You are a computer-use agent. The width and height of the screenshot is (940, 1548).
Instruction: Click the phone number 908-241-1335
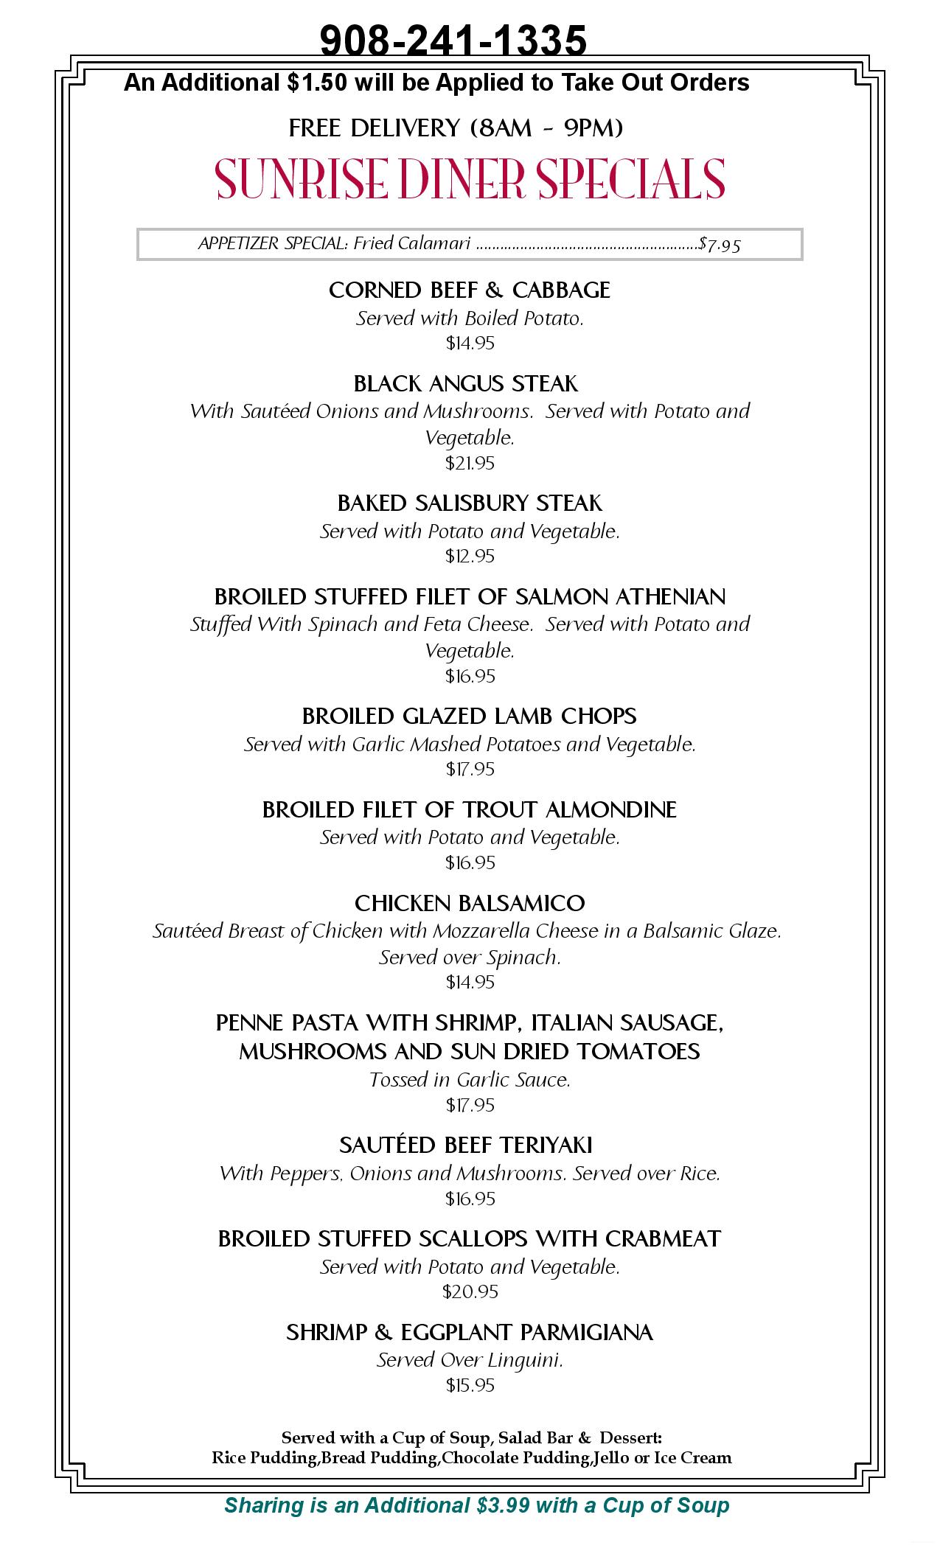(x=453, y=40)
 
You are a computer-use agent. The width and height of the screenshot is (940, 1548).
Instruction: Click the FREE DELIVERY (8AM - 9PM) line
(x=456, y=128)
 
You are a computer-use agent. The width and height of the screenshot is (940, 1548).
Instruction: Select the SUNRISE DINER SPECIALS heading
(x=470, y=179)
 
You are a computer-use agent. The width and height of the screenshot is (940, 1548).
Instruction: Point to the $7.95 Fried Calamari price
(x=720, y=244)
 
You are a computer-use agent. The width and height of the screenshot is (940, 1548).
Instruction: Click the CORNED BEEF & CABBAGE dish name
(x=470, y=290)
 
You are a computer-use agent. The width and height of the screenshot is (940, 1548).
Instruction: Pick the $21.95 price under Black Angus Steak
(x=470, y=463)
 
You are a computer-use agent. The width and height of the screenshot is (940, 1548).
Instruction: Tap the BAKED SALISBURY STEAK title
(x=470, y=503)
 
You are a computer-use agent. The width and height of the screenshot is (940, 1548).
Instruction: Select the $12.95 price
(x=470, y=556)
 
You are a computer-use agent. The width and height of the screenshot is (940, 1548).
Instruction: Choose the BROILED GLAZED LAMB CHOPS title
(x=470, y=717)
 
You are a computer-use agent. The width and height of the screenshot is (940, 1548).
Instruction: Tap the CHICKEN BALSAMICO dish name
(x=470, y=903)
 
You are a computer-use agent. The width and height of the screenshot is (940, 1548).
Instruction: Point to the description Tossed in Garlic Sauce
(x=470, y=1080)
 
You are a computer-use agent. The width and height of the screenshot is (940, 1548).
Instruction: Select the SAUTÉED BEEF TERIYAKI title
(x=466, y=1145)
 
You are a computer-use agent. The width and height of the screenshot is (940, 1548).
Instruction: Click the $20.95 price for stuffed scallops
(x=470, y=1291)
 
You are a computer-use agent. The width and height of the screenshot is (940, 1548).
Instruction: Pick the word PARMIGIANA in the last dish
(x=587, y=1332)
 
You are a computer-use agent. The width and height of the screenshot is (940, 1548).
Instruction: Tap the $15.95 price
(x=470, y=1385)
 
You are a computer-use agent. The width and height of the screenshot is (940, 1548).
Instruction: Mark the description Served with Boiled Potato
(x=470, y=318)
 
